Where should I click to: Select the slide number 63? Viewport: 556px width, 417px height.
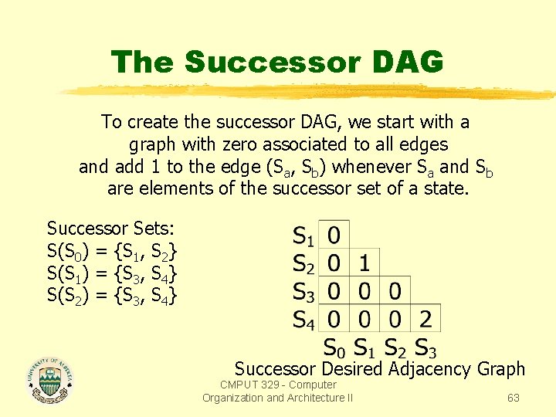click(x=513, y=398)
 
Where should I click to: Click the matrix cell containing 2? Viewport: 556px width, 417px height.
click(x=425, y=318)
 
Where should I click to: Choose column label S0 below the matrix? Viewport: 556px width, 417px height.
click(x=334, y=347)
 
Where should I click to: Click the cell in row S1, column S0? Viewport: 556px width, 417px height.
click(x=334, y=234)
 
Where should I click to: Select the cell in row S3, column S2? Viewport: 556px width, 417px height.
click(x=394, y=291)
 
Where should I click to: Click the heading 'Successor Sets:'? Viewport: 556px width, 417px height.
click(x=111, y=229)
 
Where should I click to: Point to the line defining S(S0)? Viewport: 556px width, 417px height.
click(x=113, y=250)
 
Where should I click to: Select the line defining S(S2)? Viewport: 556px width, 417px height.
click(x=113, y=294)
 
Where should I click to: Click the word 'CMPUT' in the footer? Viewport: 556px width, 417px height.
click(x=241, y=385)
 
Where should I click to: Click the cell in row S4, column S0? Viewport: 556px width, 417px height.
click(x=334, y=318)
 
